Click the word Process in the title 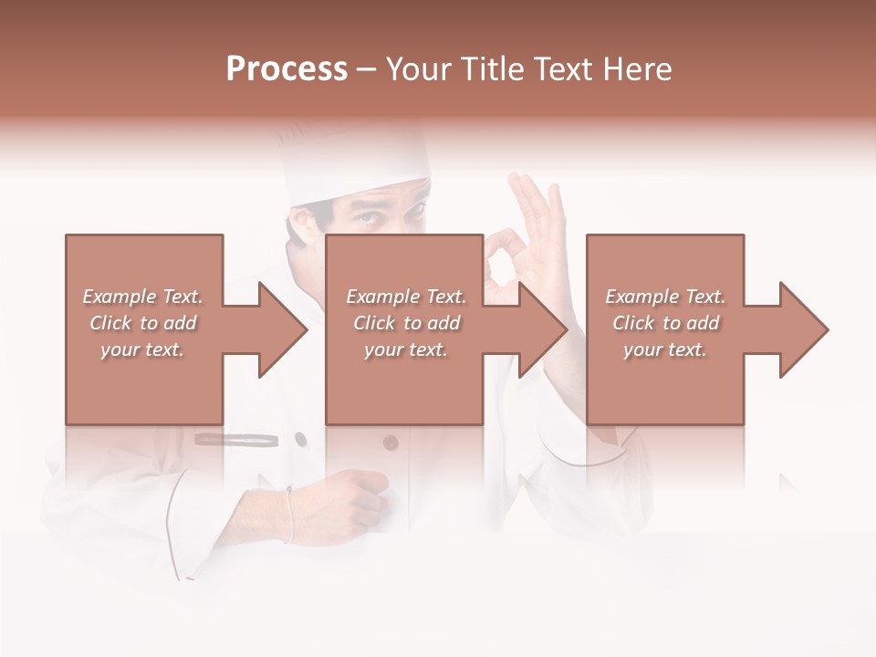[x=287, y=69]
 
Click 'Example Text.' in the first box [x=143, y=297]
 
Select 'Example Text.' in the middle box [x=406, y=297]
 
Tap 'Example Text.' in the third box [x=665, y=297]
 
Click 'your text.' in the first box [x=142, y=349]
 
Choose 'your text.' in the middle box [x=405, y=349]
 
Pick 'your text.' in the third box [x=665, y=349]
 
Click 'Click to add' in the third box [x=666, y=323]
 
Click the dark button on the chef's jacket [x=391, y=443]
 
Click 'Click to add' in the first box [x=143, y=323]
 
